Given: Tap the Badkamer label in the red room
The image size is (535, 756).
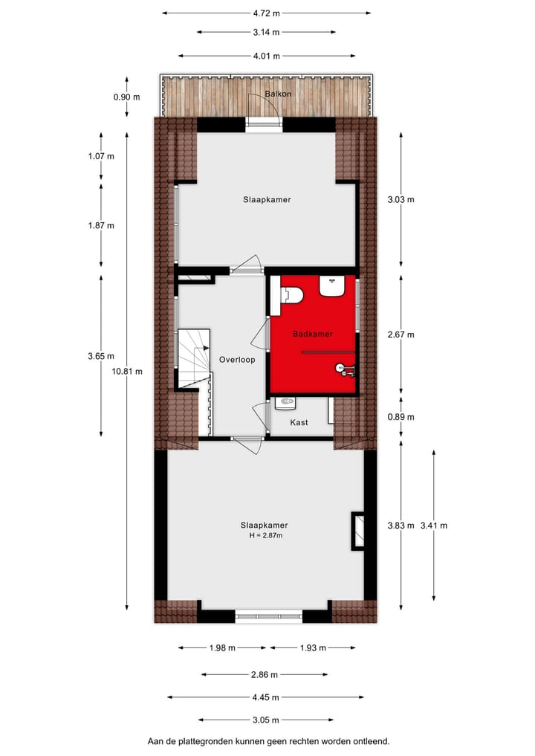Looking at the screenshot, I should click(x=313, y=334).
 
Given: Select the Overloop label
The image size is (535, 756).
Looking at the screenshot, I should click(x=237, y=360).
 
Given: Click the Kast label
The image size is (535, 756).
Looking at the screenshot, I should click(x=299, y=422).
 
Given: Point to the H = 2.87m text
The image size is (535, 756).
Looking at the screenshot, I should click(x=266, y=535).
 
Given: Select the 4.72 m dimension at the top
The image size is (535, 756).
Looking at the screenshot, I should click(x=266, y=13).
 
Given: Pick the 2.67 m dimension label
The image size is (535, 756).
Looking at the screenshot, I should click(x=401, y=335).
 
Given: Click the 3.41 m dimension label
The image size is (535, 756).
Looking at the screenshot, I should click(x=433, y=526).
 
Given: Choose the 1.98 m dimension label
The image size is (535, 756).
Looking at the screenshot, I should click(x=222, y=647).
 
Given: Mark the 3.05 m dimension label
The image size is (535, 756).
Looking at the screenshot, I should click(x=266, y=720).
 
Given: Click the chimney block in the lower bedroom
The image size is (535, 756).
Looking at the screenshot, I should click(x=357, y=531).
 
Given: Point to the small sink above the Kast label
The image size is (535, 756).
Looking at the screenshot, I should click(x=285, y=404).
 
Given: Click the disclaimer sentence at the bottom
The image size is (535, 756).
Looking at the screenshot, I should click(x=267, y=741).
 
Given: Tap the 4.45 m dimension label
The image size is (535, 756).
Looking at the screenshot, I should click(x=266, y=697).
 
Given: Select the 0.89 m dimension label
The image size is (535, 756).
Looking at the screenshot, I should click(x=401, y=417).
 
